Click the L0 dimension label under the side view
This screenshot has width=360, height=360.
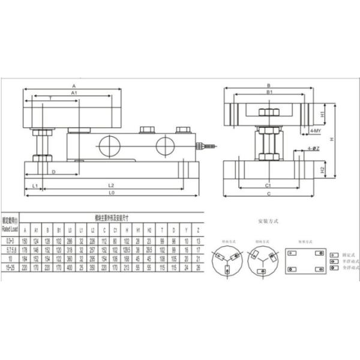click(x=112, y=194)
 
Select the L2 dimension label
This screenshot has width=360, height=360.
click(x=112, y=185)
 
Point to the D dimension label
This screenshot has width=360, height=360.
click(x=53, y=172)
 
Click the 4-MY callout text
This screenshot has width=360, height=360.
click(x=316, y=130)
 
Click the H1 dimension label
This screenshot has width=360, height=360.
click(x=322, y=113)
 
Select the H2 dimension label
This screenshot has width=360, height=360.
click(x=322, y=170)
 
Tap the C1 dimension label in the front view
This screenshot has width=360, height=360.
click(x=268, y=185)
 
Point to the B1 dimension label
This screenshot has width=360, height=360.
click(x=270, y=94)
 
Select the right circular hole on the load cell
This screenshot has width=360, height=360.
click(x=165, y=146)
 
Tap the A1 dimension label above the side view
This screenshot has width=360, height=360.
click(x=73, y=94)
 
